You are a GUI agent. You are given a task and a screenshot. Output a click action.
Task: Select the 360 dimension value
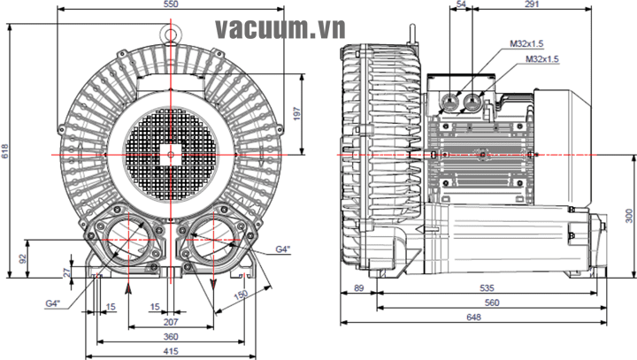click(171, 338)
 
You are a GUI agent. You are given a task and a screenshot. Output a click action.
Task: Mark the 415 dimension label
click(171, 351)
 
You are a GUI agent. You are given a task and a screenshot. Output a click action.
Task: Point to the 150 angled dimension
click(240, 295)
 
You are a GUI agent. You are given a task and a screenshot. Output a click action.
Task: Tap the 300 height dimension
click(628, 215)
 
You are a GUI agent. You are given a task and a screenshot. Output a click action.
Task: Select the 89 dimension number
click(358, 287)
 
